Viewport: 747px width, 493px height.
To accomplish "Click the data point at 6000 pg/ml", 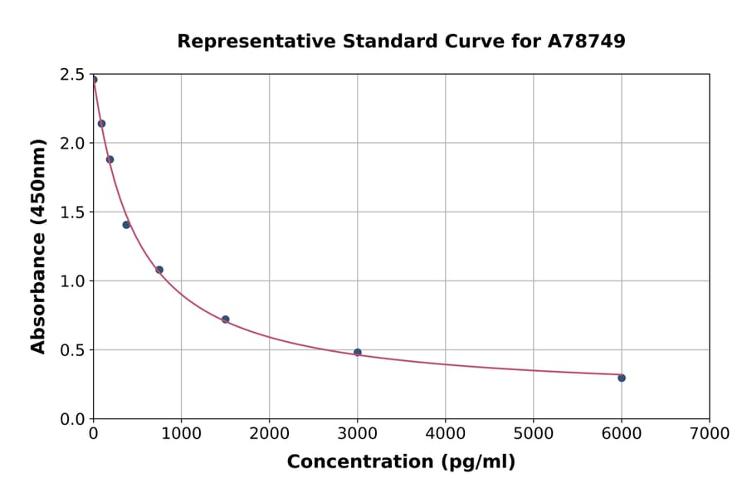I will tap(622, 378).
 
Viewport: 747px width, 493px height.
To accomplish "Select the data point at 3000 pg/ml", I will tap(358, 352).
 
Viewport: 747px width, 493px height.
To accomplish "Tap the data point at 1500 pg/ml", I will tap(226, 320).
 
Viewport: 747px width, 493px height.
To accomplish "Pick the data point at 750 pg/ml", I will tap(159, 270).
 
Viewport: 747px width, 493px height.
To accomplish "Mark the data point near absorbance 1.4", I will tap(126, 225).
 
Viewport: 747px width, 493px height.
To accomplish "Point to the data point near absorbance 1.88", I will tap(110, 159).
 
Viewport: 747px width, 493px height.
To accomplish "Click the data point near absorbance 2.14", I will tap(101, 124).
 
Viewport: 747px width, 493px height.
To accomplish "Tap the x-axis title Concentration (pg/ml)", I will tap(401, 462).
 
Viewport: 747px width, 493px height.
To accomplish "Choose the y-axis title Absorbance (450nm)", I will tap(38, 247).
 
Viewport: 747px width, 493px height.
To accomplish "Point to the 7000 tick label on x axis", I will tap(709, 433).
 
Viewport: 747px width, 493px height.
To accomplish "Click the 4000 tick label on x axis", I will tap(445, 433).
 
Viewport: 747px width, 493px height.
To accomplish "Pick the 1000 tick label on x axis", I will tap(181, 433).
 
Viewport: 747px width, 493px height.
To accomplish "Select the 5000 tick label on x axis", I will tap(533, 433).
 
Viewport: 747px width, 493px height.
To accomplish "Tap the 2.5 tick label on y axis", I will tap(72, 75).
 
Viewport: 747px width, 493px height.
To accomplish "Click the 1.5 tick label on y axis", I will tap(72, 212).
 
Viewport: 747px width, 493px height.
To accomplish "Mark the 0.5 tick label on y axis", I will tap(72, 350).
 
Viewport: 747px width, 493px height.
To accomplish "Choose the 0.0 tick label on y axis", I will tap(72, 419).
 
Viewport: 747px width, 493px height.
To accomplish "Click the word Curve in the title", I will tap(465, 41).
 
